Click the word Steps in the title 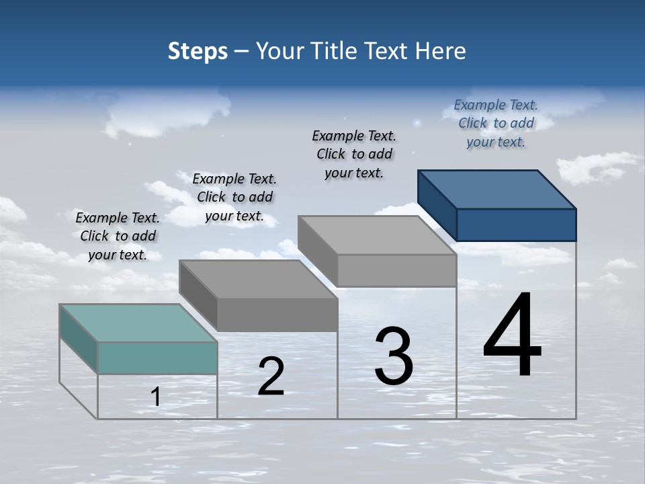coord(198,51)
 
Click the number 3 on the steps coord(394,356)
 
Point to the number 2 coord(271,376)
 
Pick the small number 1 coord(155,397)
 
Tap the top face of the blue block coord(497,189)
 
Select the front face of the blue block coord(516,225)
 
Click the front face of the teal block coord(157,358)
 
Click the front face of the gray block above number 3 coord(396,270)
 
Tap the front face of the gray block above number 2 coord(277,315)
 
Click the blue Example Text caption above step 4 coord(496,123)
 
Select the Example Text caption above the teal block coord(118,236)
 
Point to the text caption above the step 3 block coord(354,154)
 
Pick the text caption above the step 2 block coord(234,197)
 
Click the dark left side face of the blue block coord(437,204)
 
